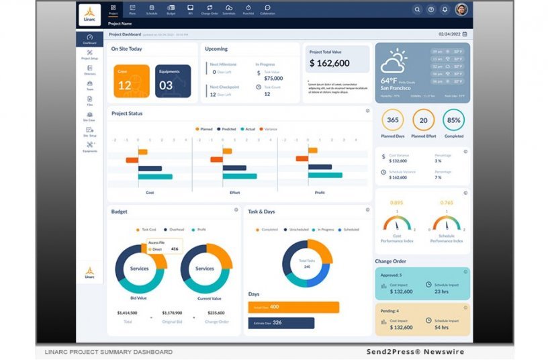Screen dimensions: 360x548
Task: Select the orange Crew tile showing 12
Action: click(x=131, y=81)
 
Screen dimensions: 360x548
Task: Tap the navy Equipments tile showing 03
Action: click(x=173, y=81)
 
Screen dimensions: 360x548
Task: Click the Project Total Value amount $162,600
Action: click(x=329, y=63)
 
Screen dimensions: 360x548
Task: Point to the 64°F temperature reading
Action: click(x=392, y=81)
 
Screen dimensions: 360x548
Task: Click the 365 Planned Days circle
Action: click(x=392, y=120)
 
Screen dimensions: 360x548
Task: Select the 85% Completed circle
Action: click(x=453, y=120)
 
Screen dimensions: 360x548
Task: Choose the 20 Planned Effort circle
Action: click(x=423, y=120)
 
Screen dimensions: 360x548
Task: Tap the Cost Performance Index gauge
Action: click(x=396, y=222)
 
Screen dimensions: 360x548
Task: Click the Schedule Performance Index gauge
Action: click(x=447, y=222)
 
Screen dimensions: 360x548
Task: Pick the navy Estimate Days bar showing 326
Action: click(x=281, y=323)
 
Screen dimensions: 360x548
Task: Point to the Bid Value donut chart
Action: click(x=140, y=268)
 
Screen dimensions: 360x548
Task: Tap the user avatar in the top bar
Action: click(x=461, y=9)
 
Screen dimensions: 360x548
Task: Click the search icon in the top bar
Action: click(x=417, y=9)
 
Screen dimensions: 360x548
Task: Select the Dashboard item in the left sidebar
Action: click(x=89, y=39)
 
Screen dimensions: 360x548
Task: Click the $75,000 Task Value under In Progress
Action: click(x=273, y=78)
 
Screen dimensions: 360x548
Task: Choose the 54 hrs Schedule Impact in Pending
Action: click(x=441, y=327)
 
